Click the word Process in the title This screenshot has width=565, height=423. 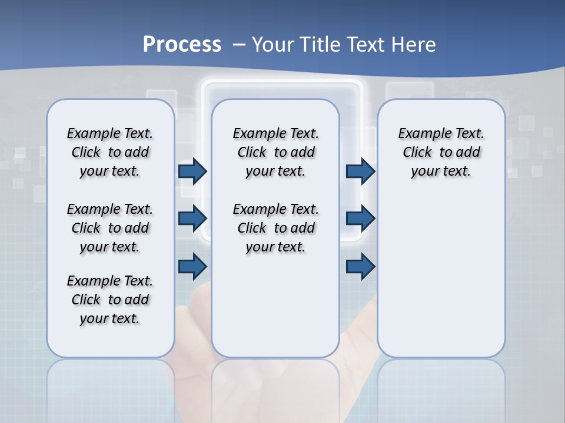click(182, 44)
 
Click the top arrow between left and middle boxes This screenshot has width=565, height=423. click(192, 172)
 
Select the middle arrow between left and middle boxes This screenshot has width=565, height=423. click(192, 219)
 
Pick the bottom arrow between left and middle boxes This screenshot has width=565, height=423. click(192, 267)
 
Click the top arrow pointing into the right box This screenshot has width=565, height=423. click(360, 172)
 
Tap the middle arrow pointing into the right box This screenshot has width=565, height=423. click(360, 219)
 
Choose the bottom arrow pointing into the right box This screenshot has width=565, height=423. click(360, 267)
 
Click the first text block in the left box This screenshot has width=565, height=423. click(110, 152)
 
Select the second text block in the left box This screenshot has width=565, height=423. click(110, 228)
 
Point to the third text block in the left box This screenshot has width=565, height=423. click(110, 300)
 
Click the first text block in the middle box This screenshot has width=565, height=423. click(275, 152)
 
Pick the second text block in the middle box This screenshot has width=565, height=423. click(275, 228)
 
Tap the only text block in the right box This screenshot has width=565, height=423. click(441, 152)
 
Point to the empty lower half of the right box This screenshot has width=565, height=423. click(441, 276)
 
